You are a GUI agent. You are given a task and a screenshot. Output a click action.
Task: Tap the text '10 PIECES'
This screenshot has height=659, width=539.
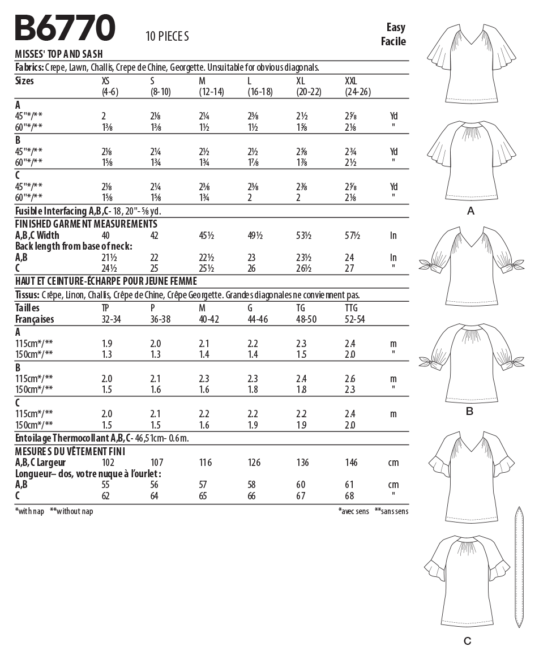[167, 37]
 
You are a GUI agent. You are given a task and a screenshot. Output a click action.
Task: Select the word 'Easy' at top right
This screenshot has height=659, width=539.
[396, 27]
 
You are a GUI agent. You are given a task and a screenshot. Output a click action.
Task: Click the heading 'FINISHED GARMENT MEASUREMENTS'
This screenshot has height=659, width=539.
[86, 224]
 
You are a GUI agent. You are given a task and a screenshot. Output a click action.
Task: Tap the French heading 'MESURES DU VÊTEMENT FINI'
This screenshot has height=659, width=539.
[70, 451]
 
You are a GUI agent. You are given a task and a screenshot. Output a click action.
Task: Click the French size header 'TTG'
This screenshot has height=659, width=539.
[352, 308]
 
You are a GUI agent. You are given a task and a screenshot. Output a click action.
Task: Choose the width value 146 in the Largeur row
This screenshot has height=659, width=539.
[352, 463]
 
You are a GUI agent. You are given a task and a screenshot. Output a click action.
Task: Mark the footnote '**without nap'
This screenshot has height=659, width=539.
[71, 511]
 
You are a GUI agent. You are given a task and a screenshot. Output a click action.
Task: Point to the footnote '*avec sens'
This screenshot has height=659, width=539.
[353, 511]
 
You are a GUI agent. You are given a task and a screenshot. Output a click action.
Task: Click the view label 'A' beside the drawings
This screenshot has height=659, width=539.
[469, 211]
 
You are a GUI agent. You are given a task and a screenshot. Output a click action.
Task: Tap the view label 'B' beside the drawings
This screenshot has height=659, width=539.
[469, 411]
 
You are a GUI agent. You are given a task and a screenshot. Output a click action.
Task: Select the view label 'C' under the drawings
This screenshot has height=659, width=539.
[467, 641]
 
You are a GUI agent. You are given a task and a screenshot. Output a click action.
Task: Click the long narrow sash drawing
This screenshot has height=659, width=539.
[517, 566]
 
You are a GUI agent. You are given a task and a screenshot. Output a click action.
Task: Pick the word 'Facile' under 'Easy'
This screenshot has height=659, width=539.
[393, 41]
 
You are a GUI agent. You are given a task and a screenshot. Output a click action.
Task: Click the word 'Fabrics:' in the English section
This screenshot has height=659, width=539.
[29, 67]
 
